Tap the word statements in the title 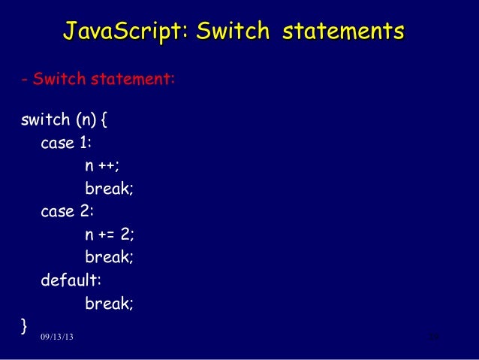click(342, 32)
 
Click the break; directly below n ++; click(109, 189)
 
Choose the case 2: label click(68, 211)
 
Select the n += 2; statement click(109, 234)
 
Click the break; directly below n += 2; click(109, 257)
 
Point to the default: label click(71, 280)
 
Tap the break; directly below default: click(109, 303)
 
